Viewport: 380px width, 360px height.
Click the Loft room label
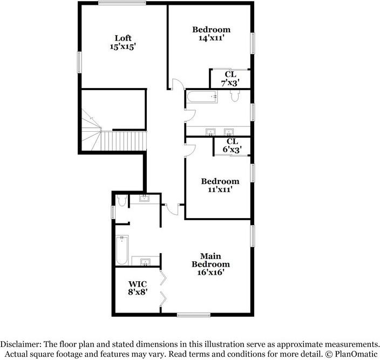tap(123, 38)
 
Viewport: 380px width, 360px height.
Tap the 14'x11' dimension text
tap(211, 38)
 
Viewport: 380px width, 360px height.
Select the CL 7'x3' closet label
tap(230, 78)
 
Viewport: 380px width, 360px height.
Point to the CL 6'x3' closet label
tap(232, 145)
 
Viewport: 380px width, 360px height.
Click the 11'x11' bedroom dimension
tap(220, 189)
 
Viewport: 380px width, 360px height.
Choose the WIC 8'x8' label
tap(138, 288)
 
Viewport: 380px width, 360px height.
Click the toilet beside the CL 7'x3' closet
tap(235, 96)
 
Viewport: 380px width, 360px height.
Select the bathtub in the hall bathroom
tap(202, 97)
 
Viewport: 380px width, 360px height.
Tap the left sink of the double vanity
tap(211, 132)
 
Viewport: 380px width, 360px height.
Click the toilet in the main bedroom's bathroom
tap(121, 200)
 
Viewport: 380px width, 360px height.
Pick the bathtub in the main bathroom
tap(122, 250)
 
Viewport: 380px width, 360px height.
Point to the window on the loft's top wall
tap(122, 3)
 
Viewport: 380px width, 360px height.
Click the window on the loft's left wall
tap(79, 62)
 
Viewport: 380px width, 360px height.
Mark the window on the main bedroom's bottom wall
tap(194, 315)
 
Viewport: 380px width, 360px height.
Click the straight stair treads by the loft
tap(124, 141)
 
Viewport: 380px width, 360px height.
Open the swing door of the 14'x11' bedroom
tap(178, 84)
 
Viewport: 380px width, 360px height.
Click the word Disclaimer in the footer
tap(19, 344)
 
